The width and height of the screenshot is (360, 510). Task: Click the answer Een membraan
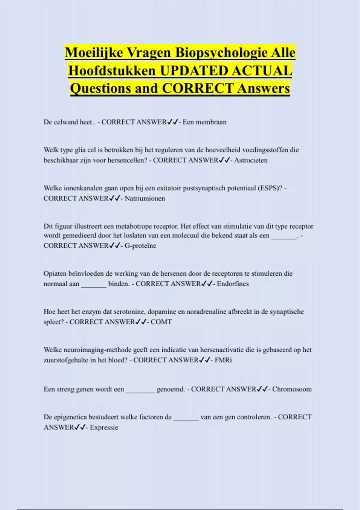click(x=205, y=122)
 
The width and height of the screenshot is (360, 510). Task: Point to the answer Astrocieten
click(x=251, y=160)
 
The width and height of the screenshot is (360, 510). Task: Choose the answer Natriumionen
click(x=145, y=198)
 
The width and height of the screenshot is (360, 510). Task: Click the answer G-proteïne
click(x=140, y=246)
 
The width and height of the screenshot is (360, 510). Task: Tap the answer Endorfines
click(x=233, y=284)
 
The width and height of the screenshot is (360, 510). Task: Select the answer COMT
click(x=161, y=322)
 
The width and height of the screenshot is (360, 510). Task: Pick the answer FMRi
click(x=223, y=360)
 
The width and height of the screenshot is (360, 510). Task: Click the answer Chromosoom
click(x=292, y=389)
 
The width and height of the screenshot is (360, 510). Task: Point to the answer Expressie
click(x=104, y=427)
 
